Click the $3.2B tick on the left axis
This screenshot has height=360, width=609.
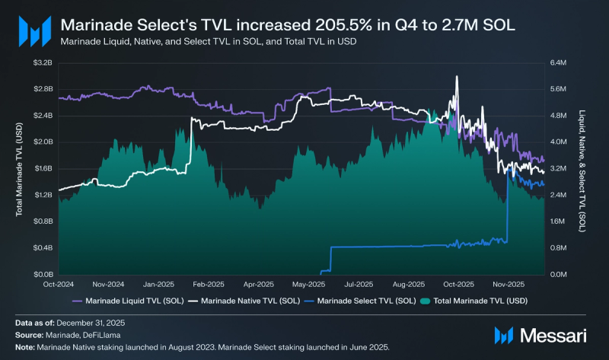point(43,62)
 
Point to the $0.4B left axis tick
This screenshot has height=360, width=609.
point(43,247)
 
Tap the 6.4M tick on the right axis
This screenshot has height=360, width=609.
point(559,62)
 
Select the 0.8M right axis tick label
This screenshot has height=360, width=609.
point(559,247)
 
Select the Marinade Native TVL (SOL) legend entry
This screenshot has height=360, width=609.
point(243,300)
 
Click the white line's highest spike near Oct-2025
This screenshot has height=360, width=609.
point(456,77)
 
